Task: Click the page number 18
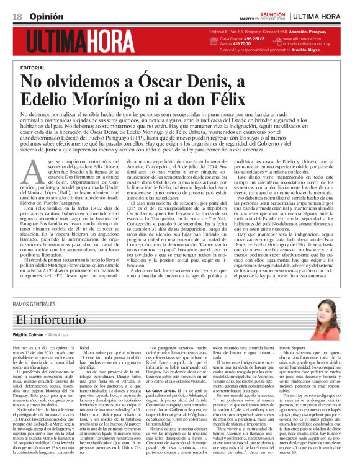pyautogui.click(x=16, y=16)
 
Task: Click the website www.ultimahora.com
pyautogui.click(x=310, y=39)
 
